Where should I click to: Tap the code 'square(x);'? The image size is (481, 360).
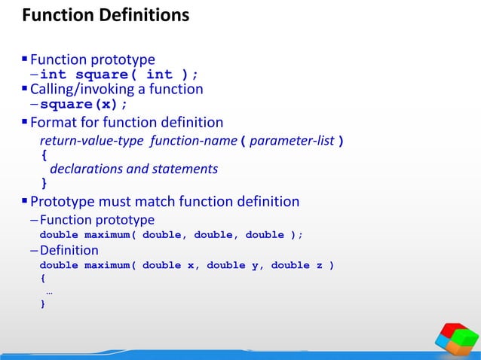[x=84, y=104]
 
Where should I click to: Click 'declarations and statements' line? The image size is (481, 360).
[x=133, y=169]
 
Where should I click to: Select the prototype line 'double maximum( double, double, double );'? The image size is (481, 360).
[x=171, y=235]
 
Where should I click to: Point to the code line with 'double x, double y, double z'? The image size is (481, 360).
[x=187, y=265]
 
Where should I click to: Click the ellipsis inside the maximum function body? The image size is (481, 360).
[x=49, y=291]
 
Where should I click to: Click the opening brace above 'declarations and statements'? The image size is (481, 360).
[x=43, y=155]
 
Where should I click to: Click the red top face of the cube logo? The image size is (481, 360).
[x=454, y=331]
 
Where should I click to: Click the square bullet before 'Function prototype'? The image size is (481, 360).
[x=25, y=59]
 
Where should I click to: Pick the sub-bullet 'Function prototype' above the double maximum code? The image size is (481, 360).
[x=97, y=220]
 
